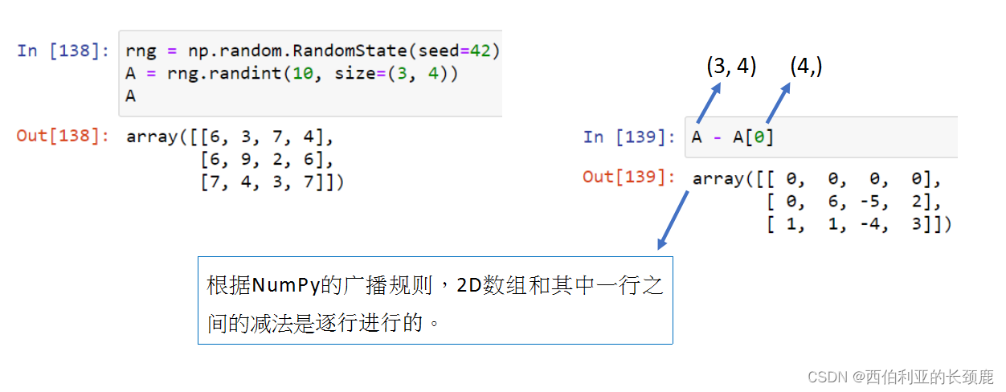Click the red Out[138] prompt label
[x=63, y=136]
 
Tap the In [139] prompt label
[x=629, y=137]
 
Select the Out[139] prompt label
[x=629, y=178]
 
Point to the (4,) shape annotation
[x=806, y=67]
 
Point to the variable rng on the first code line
[x=141, y=51]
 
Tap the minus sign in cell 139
[x=716, y=137]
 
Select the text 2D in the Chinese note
[x=470, y=285]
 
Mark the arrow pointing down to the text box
[x=675, y=219]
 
